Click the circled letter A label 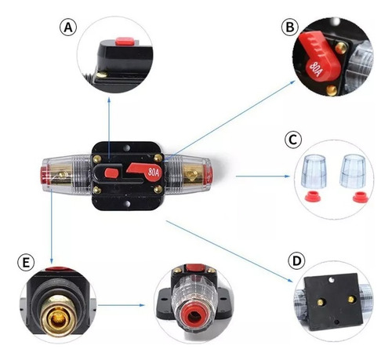pyautogui.click(x=68, y=27)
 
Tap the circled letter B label pyautogui.click(x=290, y=27)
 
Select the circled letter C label pyautogui.click(x=293, y=140)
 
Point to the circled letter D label pyautogui.click(x=296, y=261)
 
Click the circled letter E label pyautogui.click(x=26, y=262)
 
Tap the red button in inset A pyautogui.click(x=125, y=41)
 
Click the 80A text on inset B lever pyautogui.click(x=315, y=69)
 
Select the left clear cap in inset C pyautogui.click(x=314, y=171)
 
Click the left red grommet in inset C pyautogui.click(x=313, y=196)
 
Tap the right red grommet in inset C pyautogui.click(x=361, y=197)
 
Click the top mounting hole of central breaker pyautogui.click(x=127, y=148)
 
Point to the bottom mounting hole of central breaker pyautogui.click(x=128, y=203)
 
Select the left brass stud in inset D pyautogui.click(x=320, y=303)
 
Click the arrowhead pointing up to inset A pyautogui.click(x=109, y=100)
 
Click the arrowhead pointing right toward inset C pyautogui.click(x=287, y=176)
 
